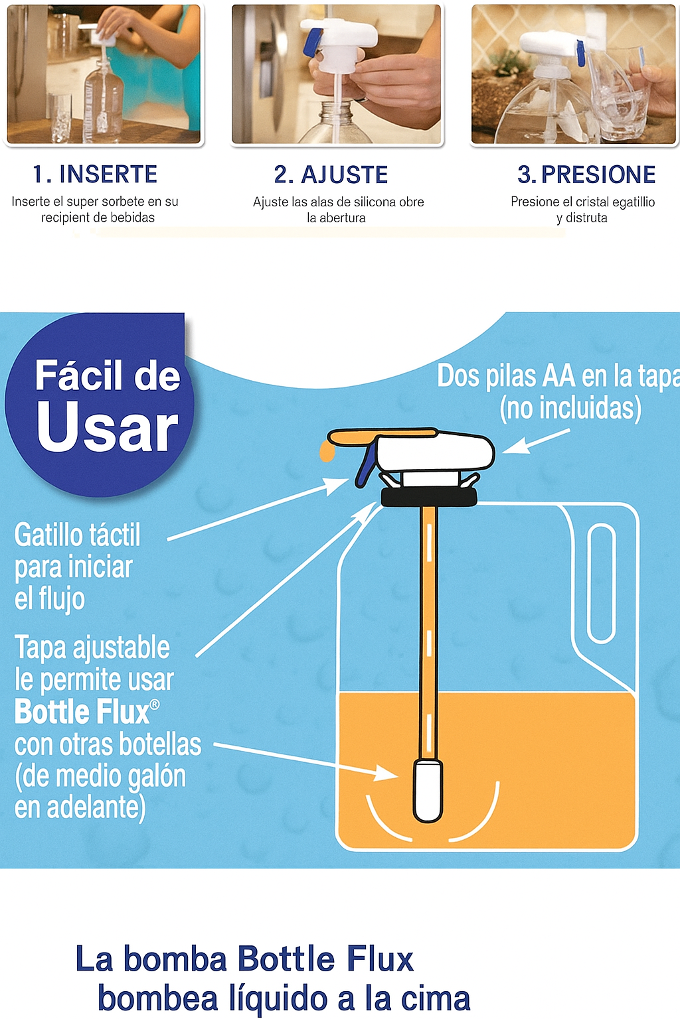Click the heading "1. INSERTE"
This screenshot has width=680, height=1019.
coord(95,174)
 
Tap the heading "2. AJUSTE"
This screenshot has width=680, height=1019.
coord(331,174)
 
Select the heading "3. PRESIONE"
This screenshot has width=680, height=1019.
coord(586,174)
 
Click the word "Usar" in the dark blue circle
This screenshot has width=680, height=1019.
coord(108,427)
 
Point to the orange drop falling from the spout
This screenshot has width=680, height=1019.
coord(327,452)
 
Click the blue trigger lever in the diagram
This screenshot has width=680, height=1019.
coord(366,465)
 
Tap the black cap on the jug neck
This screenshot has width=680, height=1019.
coord(428,497)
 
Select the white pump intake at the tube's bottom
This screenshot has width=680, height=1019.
coord(428,791)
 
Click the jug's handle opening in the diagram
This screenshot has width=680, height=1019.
coord(601,583)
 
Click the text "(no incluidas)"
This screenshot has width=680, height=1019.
coord(570,407)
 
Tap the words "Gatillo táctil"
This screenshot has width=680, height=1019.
coord(78,535)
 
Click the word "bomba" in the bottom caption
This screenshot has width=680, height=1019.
coord(175,959)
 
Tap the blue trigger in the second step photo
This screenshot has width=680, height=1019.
coord(314,41)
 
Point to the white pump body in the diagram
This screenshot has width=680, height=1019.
coord(436,451)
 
